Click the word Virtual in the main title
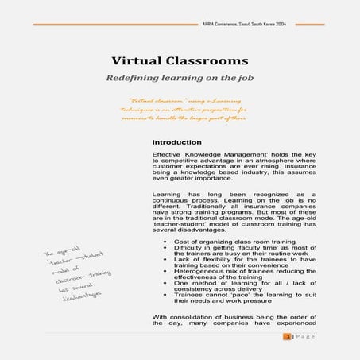(135, 60)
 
